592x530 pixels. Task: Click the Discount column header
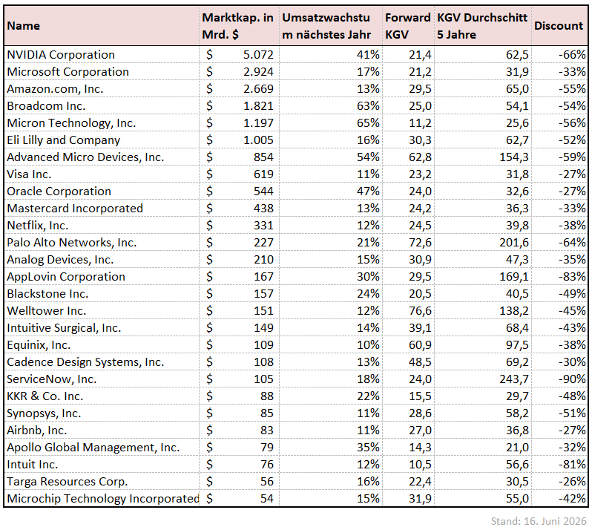(x=559, y=26)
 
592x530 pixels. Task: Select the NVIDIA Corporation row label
(x=61, y=55)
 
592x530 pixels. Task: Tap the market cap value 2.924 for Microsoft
(x=258, y=72)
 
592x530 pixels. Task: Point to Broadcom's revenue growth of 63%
(x=368, y=106)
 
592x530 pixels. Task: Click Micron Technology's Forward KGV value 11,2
(x=420, y=123)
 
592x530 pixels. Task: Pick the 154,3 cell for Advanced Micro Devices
(x=514, y=157)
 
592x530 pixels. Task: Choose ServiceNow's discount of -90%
(x=573, y=379)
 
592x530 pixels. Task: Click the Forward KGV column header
(x=408, y=26)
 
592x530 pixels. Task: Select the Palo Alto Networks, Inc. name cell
(x=72, y=243)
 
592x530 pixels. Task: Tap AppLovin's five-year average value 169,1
(x=514, y=277)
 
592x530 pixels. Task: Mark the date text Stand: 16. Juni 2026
(x=539, y=521)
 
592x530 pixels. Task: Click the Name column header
(x=24, y=26)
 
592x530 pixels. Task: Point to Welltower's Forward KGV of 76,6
(x=420, y=311)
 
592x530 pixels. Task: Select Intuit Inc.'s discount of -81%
(x=573, y=464)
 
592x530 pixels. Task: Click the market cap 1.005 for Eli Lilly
(x=258, y=140)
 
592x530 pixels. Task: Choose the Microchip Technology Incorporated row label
(x=103, y=499)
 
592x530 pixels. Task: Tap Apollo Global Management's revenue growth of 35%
(x=368, y=448)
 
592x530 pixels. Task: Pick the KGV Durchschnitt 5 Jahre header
(x=482, y=26)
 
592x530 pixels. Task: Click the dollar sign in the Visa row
(x=209, y=174)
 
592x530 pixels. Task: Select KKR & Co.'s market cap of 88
(x=266, y=396)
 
